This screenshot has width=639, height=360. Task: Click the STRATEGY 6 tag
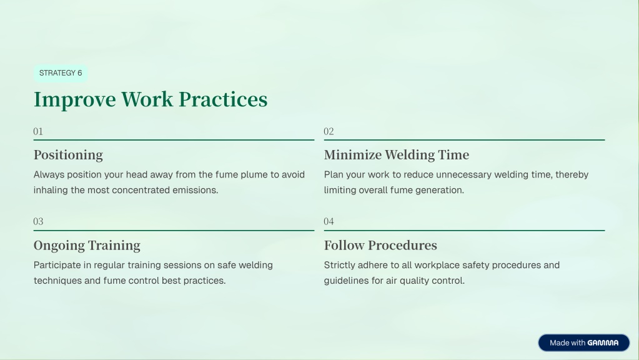[61, 73]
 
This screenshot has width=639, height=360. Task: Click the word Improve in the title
[74, 100]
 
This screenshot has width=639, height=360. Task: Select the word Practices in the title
[223, 99]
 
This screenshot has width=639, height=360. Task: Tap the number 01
[38, 131]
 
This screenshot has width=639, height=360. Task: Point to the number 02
[329, 131]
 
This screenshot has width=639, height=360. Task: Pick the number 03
[38, 221]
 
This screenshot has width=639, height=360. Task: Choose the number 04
[329, 221]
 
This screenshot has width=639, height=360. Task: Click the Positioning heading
[68, 156]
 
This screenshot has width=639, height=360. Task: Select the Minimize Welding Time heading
[397, 155]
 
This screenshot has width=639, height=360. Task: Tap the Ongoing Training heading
[87, 246]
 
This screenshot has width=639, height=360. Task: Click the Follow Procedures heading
[380, 246]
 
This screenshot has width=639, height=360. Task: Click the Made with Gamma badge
[583, 343]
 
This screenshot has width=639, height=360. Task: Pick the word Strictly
[339, 266]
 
